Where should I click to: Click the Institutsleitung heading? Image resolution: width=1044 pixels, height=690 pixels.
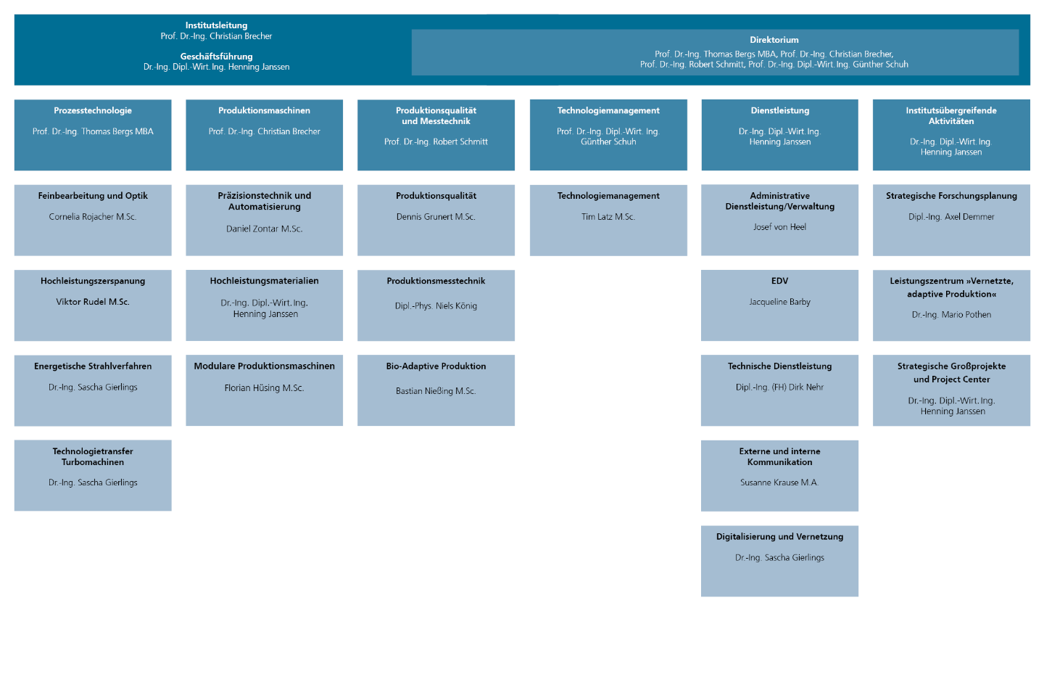216,25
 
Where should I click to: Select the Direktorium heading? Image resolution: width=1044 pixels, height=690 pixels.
774,40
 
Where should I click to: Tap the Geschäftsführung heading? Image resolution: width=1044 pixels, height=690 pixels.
216,57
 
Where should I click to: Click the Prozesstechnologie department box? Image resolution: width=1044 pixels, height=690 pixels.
93,135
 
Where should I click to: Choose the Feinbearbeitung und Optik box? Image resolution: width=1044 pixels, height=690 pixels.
93,220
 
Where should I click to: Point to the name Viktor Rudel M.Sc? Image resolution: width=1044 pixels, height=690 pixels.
93,302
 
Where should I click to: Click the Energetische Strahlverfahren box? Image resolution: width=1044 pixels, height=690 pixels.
93,390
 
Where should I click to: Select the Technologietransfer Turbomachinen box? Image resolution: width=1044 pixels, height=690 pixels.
93,475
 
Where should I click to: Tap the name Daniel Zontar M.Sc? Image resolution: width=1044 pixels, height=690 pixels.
264,229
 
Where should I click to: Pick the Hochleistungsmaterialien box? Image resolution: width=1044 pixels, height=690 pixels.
264,305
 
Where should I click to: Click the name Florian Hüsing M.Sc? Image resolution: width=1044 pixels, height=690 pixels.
264,387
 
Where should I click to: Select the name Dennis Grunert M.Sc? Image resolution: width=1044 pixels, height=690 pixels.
436,216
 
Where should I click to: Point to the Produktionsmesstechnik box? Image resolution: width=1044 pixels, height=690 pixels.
436,305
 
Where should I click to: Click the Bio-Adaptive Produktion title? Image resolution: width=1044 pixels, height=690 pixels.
436,366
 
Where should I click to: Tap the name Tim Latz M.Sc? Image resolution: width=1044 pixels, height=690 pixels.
608,216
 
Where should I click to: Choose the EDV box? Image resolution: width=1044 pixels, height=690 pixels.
780,305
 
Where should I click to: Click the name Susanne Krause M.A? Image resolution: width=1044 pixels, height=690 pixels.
780,482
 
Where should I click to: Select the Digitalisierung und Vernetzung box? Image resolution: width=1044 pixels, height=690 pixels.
780,562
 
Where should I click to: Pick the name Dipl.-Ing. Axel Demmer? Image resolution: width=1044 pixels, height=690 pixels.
951,216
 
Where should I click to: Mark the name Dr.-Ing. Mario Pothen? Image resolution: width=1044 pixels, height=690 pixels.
951,314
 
